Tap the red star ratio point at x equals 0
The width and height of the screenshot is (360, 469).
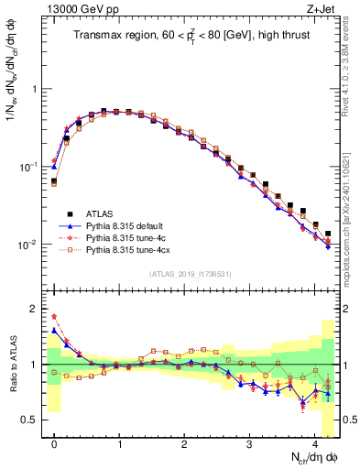[54, 316]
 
